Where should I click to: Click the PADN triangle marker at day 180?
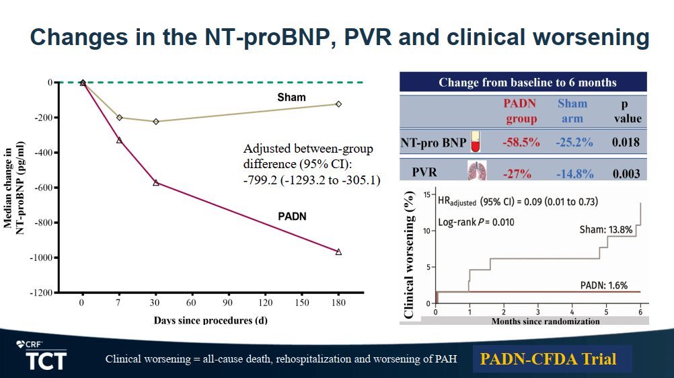point(338,252)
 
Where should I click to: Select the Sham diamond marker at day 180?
point(338,104)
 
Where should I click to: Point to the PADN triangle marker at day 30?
point(156,182)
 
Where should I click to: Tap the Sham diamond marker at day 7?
point(120,118)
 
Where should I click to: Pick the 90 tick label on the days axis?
point(229,303)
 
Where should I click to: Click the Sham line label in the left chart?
point(291,98)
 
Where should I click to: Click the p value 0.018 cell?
point(627,143)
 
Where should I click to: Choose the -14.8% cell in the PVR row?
point(575,174)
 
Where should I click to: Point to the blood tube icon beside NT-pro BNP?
point(476,141)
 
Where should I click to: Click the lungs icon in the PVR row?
point(476,171)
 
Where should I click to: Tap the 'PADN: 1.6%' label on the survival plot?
point(603,285)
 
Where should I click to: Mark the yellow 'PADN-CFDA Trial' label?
point(548,358)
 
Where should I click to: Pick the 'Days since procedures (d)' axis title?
point(210,319)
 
